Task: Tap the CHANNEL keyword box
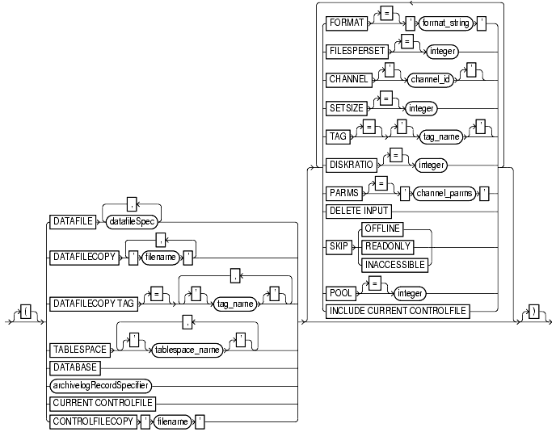coord(350,80)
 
